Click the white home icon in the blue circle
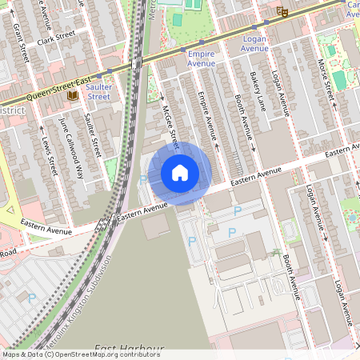[x=180, y=172]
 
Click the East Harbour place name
[x=129, y=349]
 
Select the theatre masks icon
[x=281, y=11]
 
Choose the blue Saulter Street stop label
[x=98, y=90]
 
